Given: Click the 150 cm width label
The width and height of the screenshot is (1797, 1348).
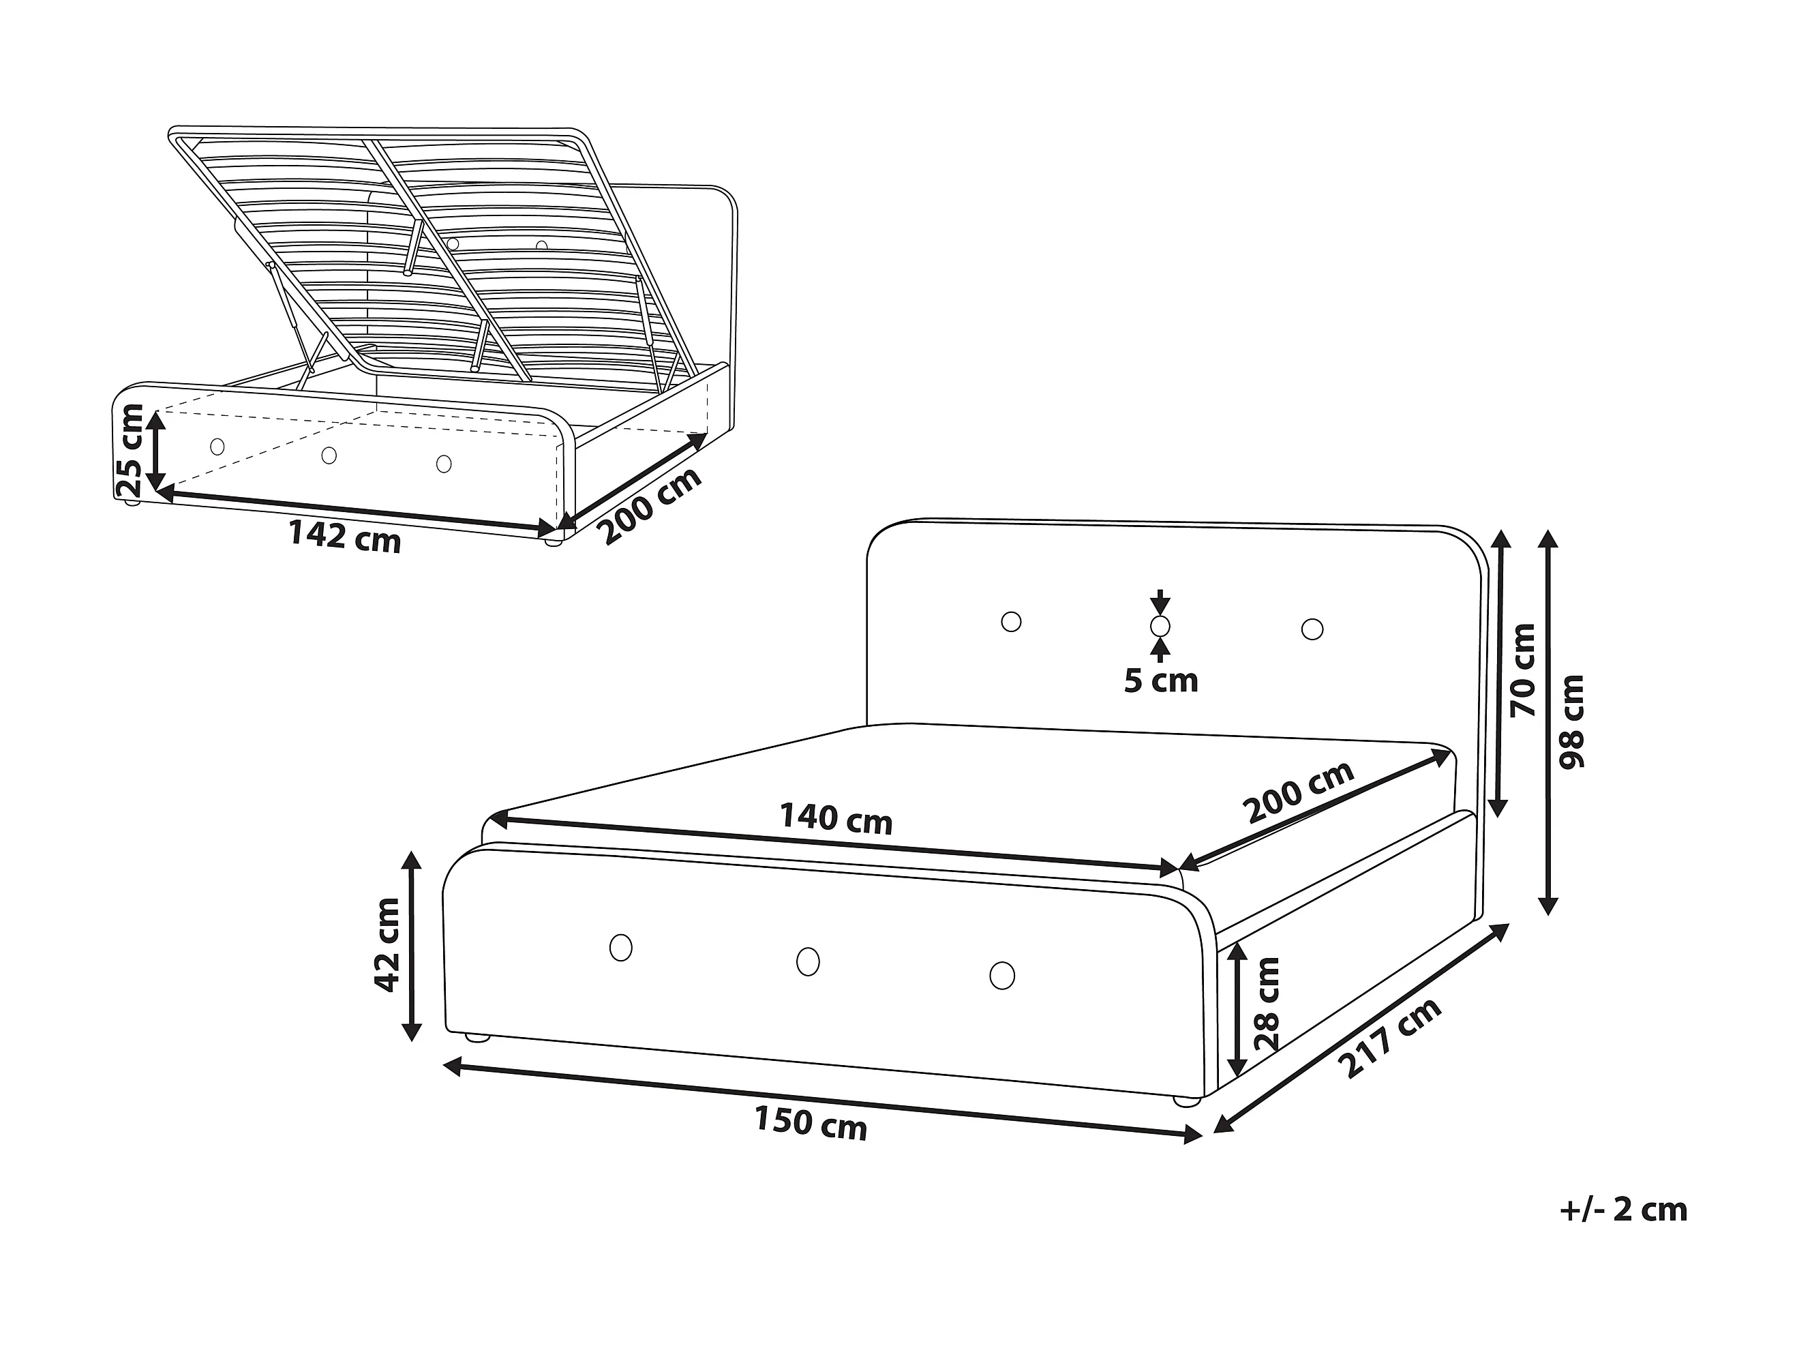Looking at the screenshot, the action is point(811,1123).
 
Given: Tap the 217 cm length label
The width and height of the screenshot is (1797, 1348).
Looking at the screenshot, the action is point(1389,1038).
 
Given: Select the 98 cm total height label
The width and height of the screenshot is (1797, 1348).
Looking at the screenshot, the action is point(1572,721).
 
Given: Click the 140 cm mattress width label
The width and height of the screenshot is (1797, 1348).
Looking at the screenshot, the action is point(836,818).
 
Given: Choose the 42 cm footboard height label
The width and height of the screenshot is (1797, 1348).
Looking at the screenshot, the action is point(387,945).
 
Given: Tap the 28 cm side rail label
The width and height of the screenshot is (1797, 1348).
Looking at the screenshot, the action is point(1267,1004).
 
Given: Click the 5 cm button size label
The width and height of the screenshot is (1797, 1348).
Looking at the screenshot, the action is point(1161,681).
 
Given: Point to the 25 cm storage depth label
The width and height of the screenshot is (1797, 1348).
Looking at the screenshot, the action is point(130,451).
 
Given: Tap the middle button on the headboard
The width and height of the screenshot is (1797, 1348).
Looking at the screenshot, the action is point(1161,626).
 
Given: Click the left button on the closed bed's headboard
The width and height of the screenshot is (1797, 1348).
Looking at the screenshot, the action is point(1012,622).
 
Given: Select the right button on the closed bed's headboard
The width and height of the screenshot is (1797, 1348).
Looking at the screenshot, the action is point(1312,629).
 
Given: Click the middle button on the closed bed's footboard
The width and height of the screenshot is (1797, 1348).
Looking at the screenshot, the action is point(808,961).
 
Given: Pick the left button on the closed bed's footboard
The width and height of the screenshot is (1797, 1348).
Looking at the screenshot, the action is point(620,948).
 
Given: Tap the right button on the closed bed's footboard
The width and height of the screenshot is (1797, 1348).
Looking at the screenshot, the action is point(1003,975).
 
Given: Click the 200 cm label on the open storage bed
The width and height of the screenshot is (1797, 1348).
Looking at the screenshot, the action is point(650,506).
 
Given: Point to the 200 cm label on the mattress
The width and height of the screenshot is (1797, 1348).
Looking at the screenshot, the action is point(1298,792).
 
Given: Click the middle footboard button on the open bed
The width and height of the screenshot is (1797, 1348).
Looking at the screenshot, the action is point(329,455).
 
